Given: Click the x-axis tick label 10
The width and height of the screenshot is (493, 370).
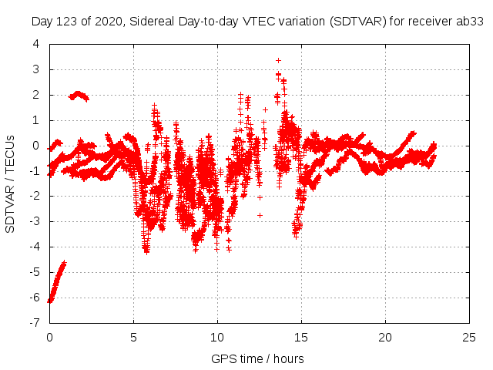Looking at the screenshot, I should pos(218,337).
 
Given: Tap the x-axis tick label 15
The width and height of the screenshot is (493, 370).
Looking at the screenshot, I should pos(302,337).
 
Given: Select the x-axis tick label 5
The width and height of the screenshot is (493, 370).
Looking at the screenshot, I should pos(134,337).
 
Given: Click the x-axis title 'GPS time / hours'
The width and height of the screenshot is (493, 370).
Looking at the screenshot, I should pos(257,358).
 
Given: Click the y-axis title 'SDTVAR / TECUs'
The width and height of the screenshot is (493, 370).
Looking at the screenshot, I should pos(11,183).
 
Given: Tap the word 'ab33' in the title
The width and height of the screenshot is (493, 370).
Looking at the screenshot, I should pos(469,21).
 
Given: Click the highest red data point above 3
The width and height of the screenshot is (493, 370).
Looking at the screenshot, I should pos(278,60).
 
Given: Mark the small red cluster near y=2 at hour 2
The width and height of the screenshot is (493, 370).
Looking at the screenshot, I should pos(79,96).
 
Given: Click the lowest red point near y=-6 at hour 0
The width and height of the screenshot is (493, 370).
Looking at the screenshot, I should pos(50,301).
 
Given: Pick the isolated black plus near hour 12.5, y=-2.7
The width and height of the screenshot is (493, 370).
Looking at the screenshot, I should pos(260,215).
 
